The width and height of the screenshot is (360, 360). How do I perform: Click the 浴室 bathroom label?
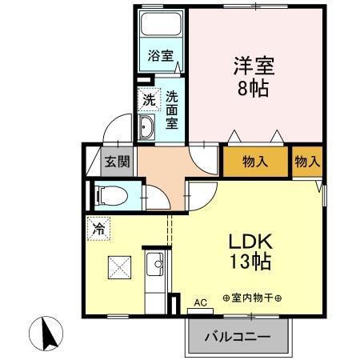tap(160, 55)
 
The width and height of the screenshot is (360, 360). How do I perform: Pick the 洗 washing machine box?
tap(148, 100)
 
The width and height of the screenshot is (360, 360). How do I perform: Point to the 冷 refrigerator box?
tap(98, 227)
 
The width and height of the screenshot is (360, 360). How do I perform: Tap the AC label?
tap(200, 303)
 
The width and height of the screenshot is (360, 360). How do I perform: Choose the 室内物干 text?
tap(253, 298)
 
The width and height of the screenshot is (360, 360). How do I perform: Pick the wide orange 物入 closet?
tap(254, 162)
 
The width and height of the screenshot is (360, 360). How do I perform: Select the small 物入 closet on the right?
tap(306, 162)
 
